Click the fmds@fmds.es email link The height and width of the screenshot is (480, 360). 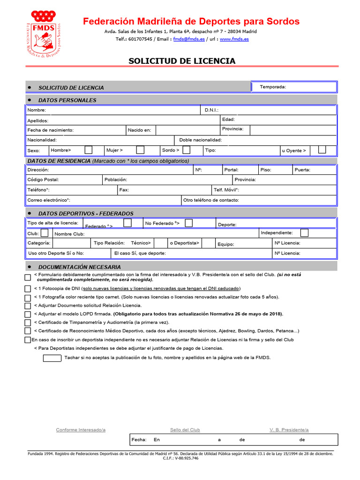189,39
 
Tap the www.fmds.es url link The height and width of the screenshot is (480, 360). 234,39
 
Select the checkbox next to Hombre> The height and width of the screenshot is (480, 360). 88,150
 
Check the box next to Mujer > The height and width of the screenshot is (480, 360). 140,150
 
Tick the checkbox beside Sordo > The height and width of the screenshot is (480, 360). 186,150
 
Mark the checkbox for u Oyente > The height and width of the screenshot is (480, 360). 322,150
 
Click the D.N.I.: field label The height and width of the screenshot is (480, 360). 211,110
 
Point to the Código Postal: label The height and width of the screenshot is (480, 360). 43,180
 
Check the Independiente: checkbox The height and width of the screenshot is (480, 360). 304,233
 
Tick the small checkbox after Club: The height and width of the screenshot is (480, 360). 44,233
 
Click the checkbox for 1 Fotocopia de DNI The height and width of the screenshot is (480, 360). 28,288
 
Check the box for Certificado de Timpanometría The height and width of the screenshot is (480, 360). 28,322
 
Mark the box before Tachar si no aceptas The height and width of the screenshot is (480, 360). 52,358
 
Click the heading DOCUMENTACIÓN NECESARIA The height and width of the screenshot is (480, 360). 73,267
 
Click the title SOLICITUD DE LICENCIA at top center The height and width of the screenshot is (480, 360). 182,61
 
